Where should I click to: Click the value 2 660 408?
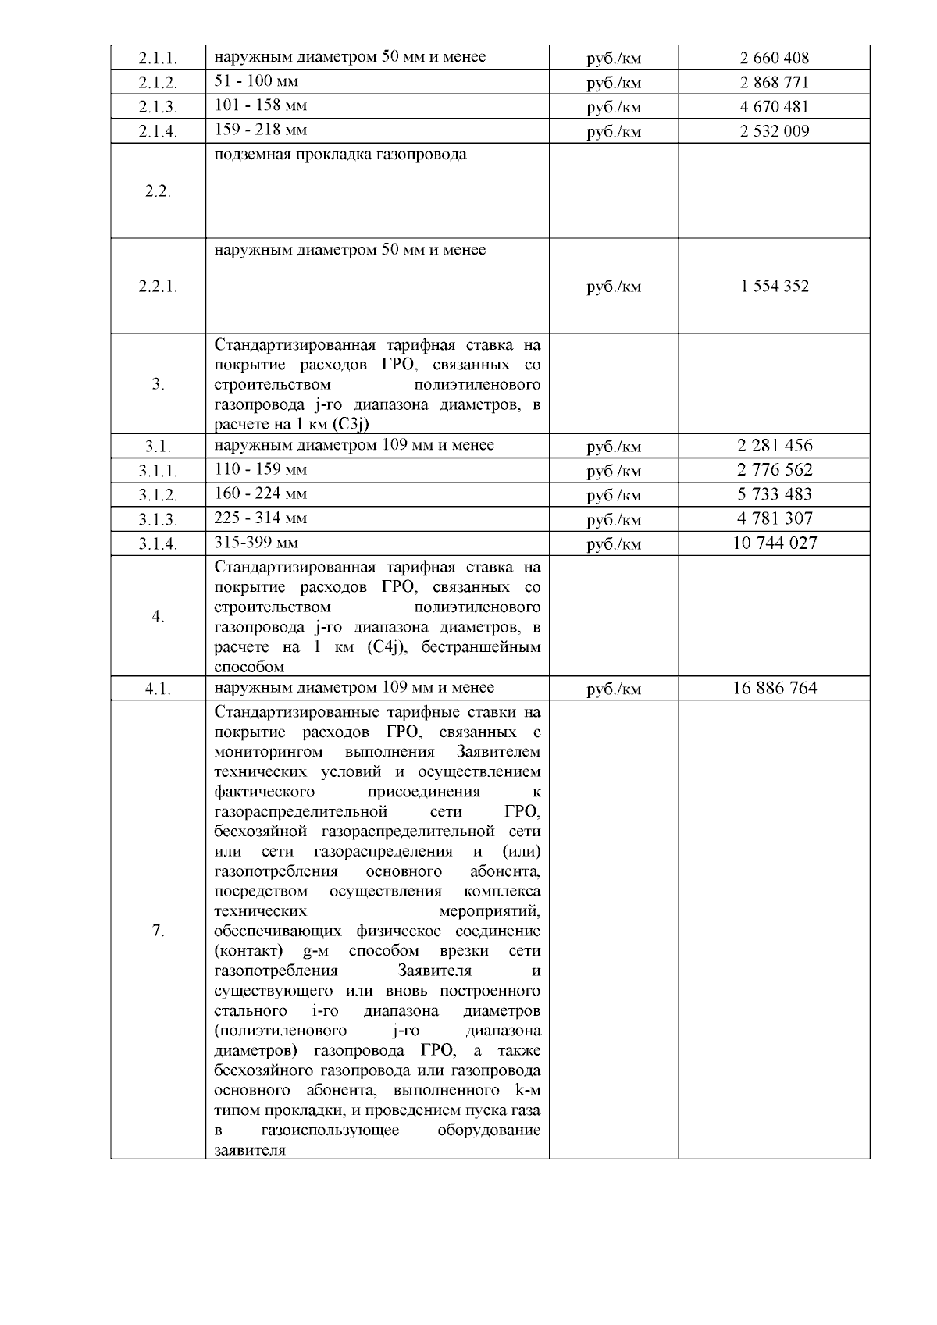point(774,58)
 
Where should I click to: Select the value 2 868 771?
point(774,82)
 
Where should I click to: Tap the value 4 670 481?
point(774,106)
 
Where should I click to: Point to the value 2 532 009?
point(774,130)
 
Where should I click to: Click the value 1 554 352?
point(774,286)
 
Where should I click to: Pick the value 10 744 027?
point(775,543)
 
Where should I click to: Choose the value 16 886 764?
point(775,688)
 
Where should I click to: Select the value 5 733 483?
point(774,494)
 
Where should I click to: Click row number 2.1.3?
point(158,107)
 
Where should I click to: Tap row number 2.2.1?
point(158,287)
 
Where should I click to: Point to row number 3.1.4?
point(158,544)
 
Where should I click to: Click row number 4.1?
point(158,689)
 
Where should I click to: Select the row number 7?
point(158,930)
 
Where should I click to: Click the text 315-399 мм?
point(256,543)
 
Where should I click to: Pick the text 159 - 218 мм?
point(261,130)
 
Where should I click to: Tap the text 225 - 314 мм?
point(261,518)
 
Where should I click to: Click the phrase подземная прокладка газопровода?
point(340,155)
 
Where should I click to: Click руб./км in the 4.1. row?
point(614,689)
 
